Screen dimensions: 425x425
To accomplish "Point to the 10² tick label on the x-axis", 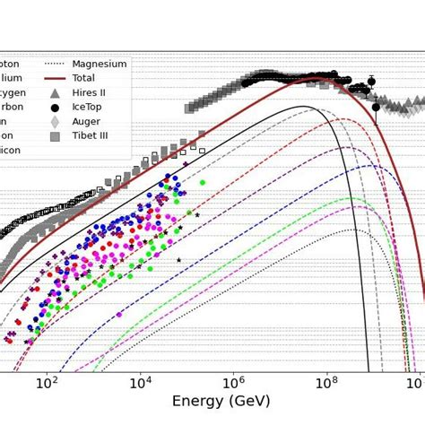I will [47, 383].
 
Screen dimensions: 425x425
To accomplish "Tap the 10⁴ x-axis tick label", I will [140, 383].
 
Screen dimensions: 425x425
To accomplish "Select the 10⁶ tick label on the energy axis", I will [233, 383].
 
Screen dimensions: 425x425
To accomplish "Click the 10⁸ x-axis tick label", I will [326, 383].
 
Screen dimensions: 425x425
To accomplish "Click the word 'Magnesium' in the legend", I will [100, 64].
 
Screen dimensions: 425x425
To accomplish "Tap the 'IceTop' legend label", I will [90, 108].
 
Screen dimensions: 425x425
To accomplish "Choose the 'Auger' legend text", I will [88, 122].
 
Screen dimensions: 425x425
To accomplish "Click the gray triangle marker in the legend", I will [55, 93].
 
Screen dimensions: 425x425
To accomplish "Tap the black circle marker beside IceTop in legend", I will [55, 108].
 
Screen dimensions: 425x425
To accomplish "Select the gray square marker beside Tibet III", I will [55, 136].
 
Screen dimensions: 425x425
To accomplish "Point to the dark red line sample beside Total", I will [55, 78].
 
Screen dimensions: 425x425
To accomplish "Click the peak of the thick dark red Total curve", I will [316, 79].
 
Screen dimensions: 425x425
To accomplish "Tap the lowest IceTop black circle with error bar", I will [376, 108].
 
